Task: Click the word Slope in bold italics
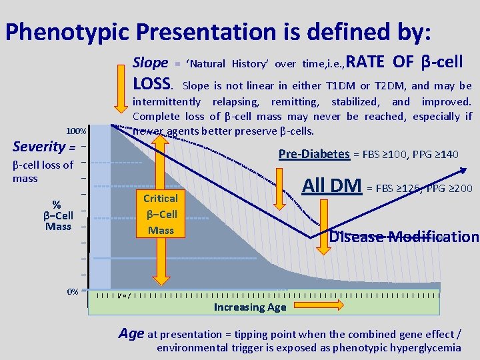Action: pyautogui.click(x=151, y=63)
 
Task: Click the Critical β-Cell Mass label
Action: pyautogui.click(x=161, y=214)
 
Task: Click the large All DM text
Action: pyautogui.click(x=332, y=185)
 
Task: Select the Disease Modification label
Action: pyautogui.click(x=404, y=237)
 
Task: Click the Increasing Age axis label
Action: pyautogui.click(x=249, y=307)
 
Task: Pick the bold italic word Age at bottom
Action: pyautogui.click(x=131, y=333)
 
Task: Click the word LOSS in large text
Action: pyautogui.click(x=153, y=83)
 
